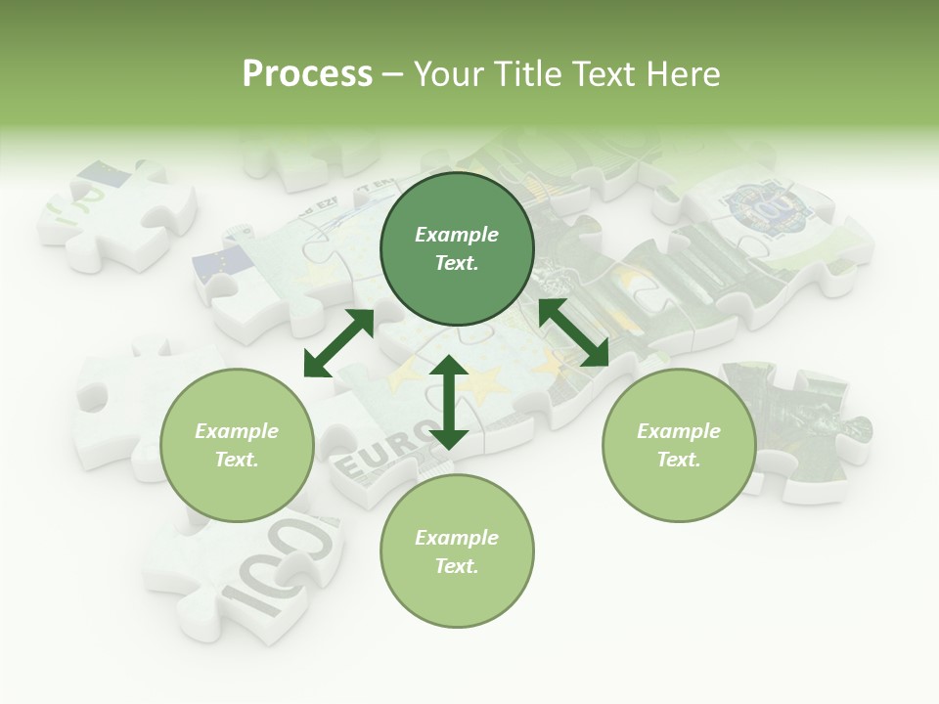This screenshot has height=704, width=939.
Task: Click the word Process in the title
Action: click(x=307, y=74)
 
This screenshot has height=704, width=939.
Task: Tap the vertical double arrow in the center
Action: click(x=448, y=402)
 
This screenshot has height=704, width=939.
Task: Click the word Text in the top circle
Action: click(x=457, y=263)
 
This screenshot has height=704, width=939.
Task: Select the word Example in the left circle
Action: click(x=237, y=431)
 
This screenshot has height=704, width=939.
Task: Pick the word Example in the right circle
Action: click(x=679, y=431)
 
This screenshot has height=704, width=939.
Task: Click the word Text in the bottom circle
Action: click(x=457, y=566)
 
